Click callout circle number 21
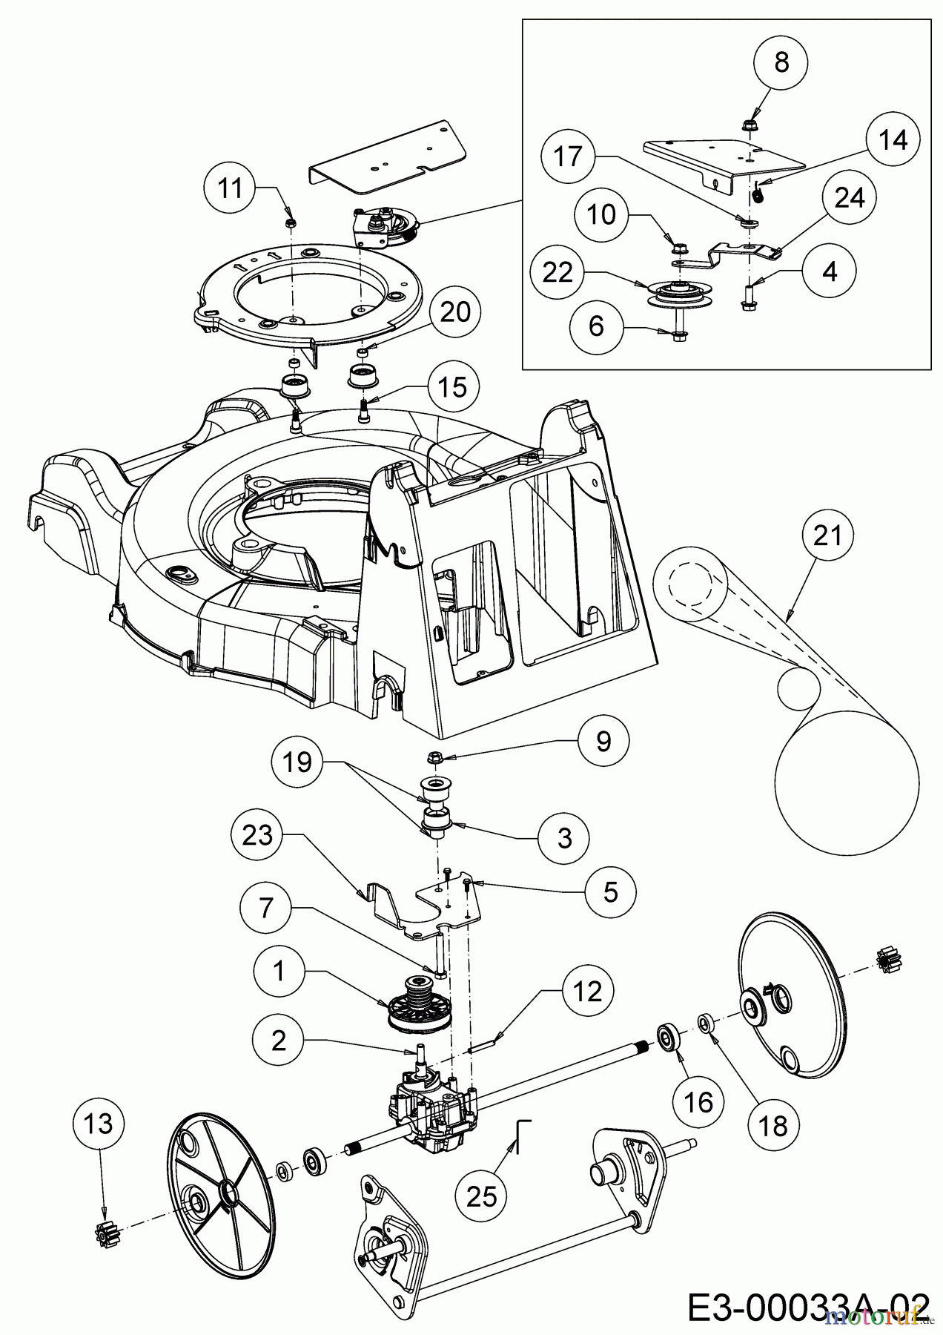click(x=827, y=534)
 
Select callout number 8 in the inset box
click(x=782, y=63)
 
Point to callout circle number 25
click(x=482, y=1196)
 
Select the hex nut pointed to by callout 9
click(x=436, y=758)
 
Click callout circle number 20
click(x=455, y=311)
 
